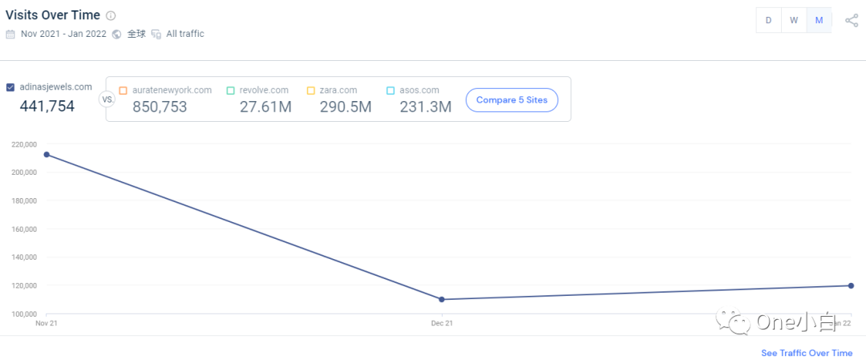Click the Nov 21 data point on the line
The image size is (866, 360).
[47, 155]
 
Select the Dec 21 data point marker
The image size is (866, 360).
[442, 300]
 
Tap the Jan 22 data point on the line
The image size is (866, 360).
[851, 285]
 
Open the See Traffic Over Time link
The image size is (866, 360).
[807, 353]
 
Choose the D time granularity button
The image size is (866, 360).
[768, 21]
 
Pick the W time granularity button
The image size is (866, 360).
[794, 21]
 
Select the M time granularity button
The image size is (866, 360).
[819, 21]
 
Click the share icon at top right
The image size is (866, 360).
[852, 21]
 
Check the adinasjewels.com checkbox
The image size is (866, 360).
[10, 87]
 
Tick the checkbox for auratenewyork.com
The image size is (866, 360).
[123, 91]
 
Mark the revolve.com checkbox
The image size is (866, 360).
[230, 91]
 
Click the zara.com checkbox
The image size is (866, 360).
[310, 91]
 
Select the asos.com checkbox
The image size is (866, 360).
[391, 91]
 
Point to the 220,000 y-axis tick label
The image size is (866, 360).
[24, 144]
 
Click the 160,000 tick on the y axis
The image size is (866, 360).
[24, 229]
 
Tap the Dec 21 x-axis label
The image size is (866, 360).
[442, 323]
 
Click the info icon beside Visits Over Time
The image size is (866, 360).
[111, 15]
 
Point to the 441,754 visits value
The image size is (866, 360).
[47, 106]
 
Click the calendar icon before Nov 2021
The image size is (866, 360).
[10, 34]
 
